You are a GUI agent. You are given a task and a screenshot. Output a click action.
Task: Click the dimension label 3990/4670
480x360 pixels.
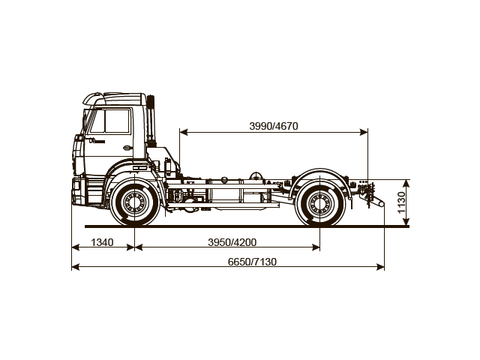point(274,126)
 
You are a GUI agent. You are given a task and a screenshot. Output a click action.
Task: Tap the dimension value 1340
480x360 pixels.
point(102,241)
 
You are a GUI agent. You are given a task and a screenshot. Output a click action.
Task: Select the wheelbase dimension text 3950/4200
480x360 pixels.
point(232,241)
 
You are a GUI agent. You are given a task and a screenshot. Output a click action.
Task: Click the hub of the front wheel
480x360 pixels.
point(135,202)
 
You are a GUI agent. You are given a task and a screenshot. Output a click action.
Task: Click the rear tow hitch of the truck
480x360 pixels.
point(376,201)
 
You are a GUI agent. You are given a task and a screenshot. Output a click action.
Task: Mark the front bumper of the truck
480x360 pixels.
point(77,190)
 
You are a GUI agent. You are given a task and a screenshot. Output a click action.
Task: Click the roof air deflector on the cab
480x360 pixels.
point(112,97)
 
